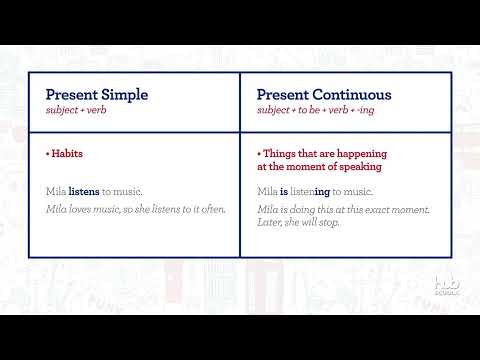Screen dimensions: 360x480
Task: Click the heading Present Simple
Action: point(97,95)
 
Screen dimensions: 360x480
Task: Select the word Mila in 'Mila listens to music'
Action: point(56,190)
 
